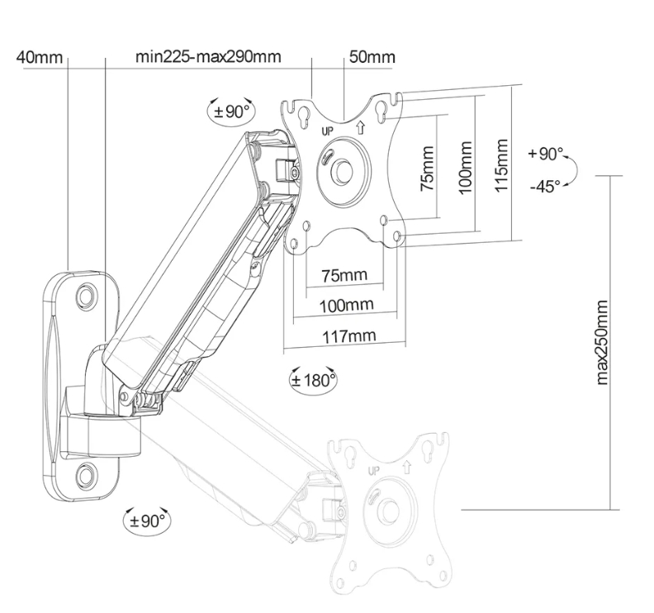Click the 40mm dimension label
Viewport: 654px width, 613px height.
(39, 57)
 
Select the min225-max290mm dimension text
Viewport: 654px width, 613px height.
(208, 57)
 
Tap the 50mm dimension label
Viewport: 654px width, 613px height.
(372, 57)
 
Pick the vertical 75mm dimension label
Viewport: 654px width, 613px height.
(427, 169)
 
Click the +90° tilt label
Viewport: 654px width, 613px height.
(546, 154)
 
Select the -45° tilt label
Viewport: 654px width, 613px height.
(544, 187)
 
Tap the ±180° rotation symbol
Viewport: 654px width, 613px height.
(313, 380)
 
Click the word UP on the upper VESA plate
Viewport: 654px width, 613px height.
(327, 131)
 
